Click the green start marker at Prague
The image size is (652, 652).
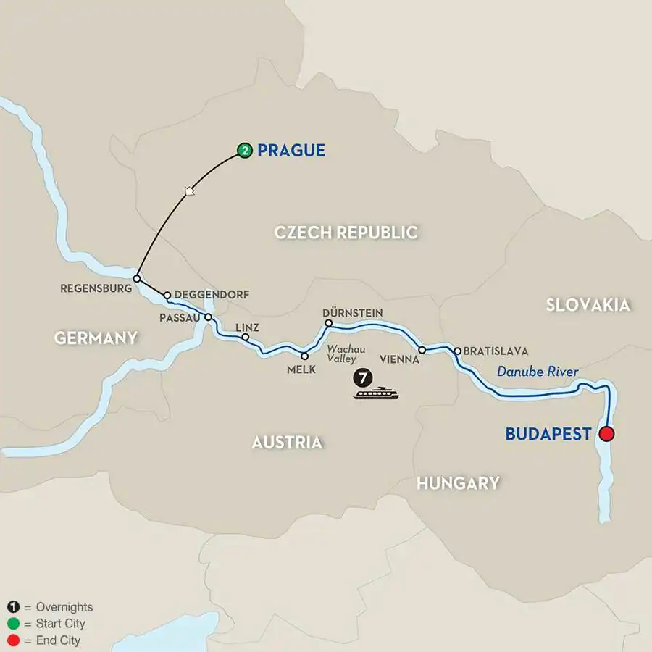click(245, 151)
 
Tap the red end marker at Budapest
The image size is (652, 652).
click(606, 434)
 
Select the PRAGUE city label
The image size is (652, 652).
click(291, 151)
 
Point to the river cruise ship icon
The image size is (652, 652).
click(377, 393)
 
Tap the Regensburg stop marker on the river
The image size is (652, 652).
click(136, 277)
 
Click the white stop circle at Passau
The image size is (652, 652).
click(208, 317)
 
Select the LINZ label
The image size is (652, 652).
click(247, 327)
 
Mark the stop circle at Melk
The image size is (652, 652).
click(304, 355)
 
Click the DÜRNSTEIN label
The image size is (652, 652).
click(353, 312)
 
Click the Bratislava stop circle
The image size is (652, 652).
click(457, 351)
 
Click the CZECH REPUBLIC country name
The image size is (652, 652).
click(346, 233)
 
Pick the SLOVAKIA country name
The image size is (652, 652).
click(588, 305)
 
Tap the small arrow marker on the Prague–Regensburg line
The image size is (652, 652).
click(190, 191)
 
